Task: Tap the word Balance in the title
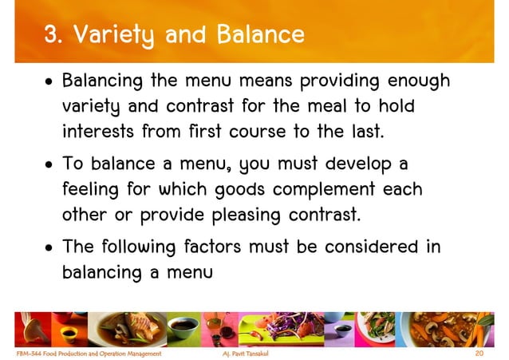pos(265,35)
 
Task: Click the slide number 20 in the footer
pos(479,351)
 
